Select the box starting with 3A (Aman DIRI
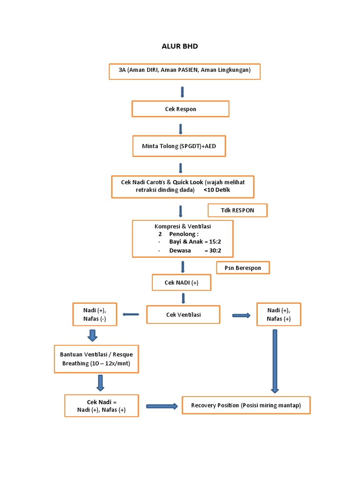click(x=184, y=71)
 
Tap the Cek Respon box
click(x=180, y=109)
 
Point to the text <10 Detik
click(x=217, y=190)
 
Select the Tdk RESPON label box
click(x=237, y=210)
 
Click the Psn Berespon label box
click(x=243, y=268)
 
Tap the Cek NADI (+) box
click(x=181, y=283)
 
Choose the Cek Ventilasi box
click(x=183, y=315)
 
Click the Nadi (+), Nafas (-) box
click(x=95, y=315)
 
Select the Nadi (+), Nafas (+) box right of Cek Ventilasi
click(x=278, y=315)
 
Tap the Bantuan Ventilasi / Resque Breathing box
click(x=96, y=359)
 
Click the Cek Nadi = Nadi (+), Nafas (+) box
click(x=101, y=406)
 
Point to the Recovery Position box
click(x=246, y=405)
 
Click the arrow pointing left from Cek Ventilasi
click(x=131, y=315)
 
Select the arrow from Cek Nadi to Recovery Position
click(x=162, y=406)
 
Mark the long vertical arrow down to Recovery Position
click(x=275, y=361)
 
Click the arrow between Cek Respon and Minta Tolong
click(x=180, y=129)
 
